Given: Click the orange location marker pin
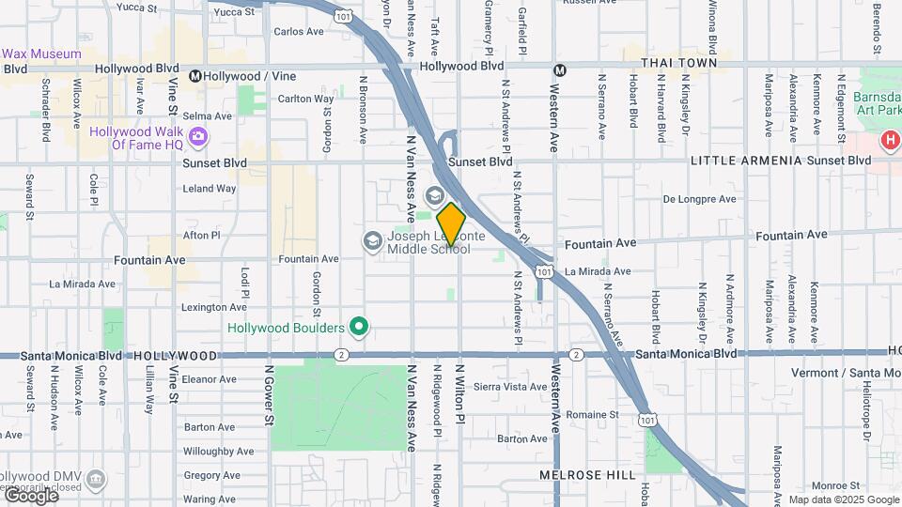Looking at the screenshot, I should pos(451,224).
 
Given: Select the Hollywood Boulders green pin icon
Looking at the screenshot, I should pos(358,328).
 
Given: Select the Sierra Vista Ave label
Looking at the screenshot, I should pos(510,386).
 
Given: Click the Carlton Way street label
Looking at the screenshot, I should pos(305,99).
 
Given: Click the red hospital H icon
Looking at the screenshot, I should pos(890,142).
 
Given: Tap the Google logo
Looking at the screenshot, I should pos(31,495).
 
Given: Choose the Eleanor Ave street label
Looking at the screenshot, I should pos(209,379).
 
